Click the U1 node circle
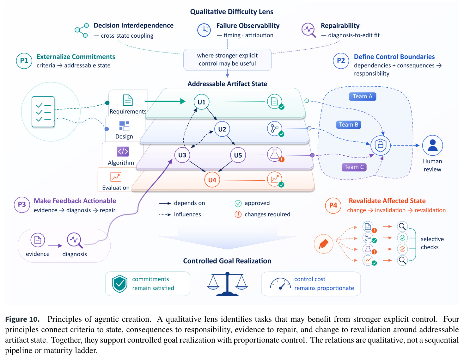(x=201, y=102)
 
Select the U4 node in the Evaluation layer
(x=212, y=180)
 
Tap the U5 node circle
(x=238, y=155)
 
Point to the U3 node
(x=182, y=155)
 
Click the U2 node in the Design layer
(x=222, y=129)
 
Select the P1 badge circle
(x=24, y=61)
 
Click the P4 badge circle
(x=333, y=205)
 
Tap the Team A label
(x=362, y=96)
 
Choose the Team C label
(x=354, y=167)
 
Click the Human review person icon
(x=432, y=145)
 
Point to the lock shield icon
(x=380, y=145)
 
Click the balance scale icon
(x=227, y=283)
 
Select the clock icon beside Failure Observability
(x=204, y=30)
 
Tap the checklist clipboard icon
(x=43, y=112)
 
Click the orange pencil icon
(x=323, y=244)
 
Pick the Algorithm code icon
(x=123, y=151)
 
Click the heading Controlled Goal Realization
(x=227, y=261)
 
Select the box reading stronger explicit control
(x=227, y=59)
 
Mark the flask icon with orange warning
(x=275, y=154)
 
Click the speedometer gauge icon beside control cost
(x=280, y=284)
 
